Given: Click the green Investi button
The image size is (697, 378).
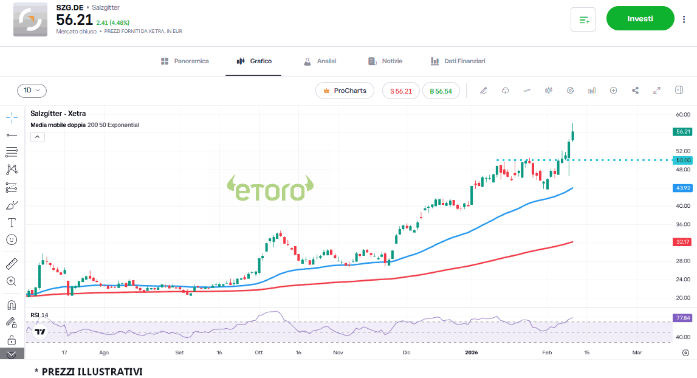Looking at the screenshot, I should click(640, 19).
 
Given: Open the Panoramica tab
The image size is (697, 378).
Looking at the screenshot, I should click(185, 61).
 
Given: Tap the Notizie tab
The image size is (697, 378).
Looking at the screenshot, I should click(385, 61).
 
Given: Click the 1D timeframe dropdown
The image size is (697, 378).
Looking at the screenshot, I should click(32, 91).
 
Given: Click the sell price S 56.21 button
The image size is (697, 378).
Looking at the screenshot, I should click(401, 91).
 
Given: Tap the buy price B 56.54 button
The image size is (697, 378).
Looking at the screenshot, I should click(441, 91).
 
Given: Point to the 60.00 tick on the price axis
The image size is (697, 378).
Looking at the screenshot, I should click(682, 114).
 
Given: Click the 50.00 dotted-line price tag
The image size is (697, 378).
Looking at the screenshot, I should click(683, 160).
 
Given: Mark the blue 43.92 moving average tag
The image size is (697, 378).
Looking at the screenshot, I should click(683, 188).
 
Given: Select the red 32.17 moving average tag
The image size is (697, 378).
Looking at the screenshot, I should click(683, 242).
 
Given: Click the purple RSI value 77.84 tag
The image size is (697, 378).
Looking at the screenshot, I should click(683, 317).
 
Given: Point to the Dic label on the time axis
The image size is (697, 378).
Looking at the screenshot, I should click(407, 352).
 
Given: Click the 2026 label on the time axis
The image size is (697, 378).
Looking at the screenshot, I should click(472, 352).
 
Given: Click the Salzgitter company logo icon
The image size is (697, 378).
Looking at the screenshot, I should click(30, 19).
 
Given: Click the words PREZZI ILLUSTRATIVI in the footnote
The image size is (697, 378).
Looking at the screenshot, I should click(92, 371).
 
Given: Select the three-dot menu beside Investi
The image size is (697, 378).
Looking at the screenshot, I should click(684, 19).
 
